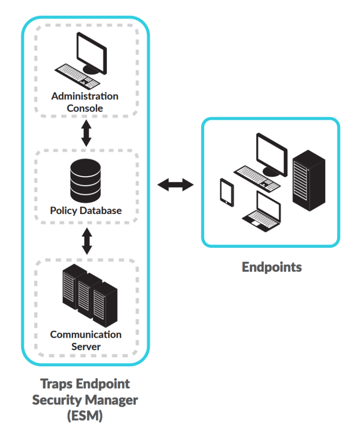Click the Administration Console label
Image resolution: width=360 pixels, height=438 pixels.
pos(85,102)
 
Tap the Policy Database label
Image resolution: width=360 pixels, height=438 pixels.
pos(86,210)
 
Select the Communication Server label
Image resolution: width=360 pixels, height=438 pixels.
pos(86,341)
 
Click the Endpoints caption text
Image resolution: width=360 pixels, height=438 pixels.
pos(271,267)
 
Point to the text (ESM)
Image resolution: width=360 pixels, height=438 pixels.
pos(85,416)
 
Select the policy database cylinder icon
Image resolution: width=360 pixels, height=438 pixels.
pos(85,180)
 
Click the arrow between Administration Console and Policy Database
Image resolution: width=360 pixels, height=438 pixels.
pos(86,134)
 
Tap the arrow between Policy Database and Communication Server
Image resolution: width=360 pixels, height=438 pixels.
pos(86,242)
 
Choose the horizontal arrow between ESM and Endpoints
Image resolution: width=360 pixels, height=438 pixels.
pos(175,185)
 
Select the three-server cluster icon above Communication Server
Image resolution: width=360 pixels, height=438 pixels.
pos(90,295)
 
